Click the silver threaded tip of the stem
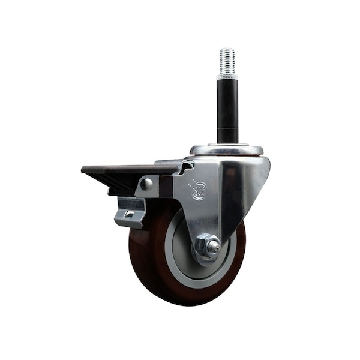coord(227,61)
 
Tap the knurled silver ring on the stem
coord(227,77)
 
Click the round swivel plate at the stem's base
coord(227,149)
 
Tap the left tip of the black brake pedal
coord(85,170)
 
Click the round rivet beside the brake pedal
coord(146,185)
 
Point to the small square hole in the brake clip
coord(128,215)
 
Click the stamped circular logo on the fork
coord(199,190)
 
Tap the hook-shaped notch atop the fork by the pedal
coord(186,165)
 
